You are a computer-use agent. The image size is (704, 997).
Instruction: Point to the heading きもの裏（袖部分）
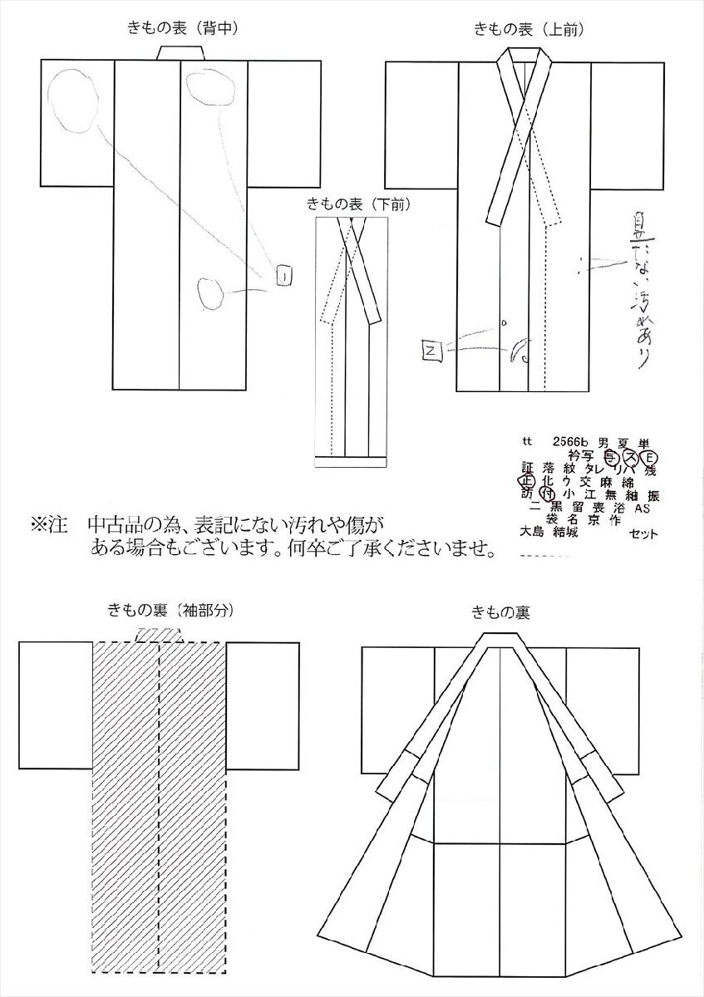pyautogui.click(x=167, y=609)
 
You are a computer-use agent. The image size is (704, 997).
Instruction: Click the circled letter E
pyautogui.click(x=651, y=456)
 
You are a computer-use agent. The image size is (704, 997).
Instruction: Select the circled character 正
pyautogui.click(x=526, y=479)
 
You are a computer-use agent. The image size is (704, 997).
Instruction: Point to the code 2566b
pyautogui.click(x=565, y=441)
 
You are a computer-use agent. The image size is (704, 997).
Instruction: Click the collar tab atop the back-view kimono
pyautogui.click(x=180, y=53)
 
